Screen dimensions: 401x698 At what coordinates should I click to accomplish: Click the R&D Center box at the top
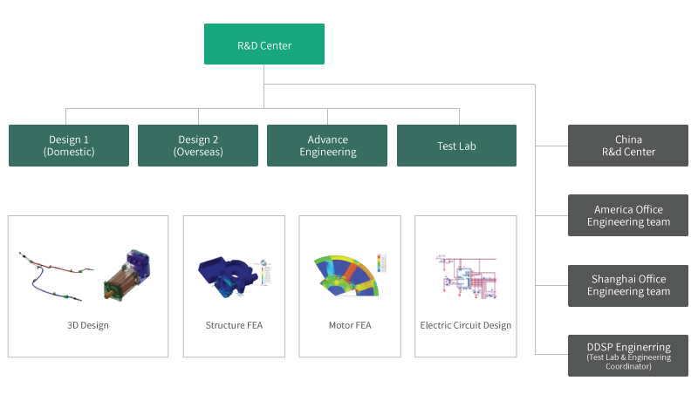coord(263,44)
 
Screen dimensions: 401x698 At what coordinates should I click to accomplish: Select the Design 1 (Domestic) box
coord(69,146)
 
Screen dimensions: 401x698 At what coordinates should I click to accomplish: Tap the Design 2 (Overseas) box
coord(198,146)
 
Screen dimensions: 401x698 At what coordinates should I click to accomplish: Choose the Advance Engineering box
coord(327,146)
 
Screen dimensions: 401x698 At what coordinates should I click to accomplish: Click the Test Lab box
coord(456,146)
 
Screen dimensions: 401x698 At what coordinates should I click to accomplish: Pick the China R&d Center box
coord(628,146)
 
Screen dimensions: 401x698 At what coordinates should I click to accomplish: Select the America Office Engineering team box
coord(628,215)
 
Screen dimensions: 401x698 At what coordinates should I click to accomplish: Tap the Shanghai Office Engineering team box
coord(628,285)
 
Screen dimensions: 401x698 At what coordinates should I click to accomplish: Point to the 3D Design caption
coord(88,325)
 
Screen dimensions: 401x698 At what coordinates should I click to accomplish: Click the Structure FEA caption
coord(234,325)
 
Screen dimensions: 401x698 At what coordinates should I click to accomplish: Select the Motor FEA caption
coord(349,325)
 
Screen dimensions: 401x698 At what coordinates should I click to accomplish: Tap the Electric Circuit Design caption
coord(465,325)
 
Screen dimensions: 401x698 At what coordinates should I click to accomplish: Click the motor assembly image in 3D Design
coord(127,275)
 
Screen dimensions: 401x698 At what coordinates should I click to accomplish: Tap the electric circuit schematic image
coord(464,277)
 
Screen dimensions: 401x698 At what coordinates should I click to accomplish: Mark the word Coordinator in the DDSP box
coord(628,367)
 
